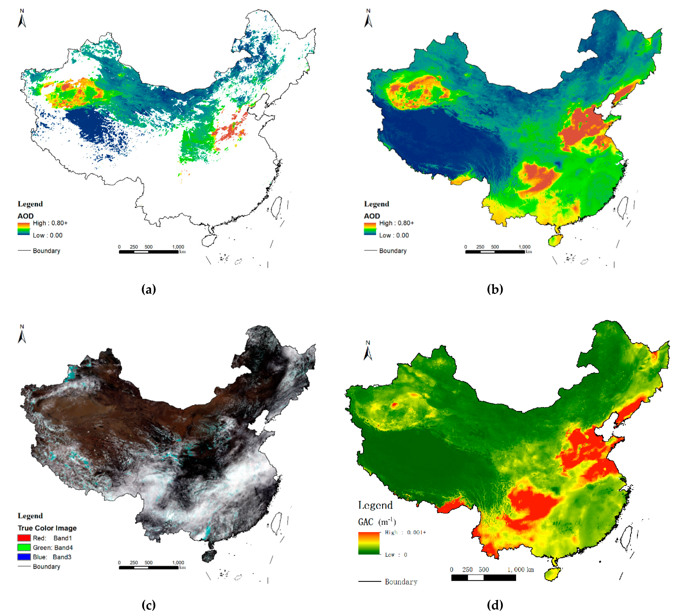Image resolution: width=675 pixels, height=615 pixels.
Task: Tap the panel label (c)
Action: click(x=148, y=605)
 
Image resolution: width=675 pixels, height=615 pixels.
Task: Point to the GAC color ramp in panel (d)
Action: click(x=369, y=543)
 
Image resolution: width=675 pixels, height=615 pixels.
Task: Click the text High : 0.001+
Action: click(x=405, y=532)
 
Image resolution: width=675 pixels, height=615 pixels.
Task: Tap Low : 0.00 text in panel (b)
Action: click(x=394, y=235)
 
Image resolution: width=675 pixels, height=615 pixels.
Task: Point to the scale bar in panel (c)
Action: click(x=149, y=568)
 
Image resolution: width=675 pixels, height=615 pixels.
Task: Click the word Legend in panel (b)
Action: click(x=376, y=204)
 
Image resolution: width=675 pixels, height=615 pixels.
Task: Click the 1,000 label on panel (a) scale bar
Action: click(x=178, y=247)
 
